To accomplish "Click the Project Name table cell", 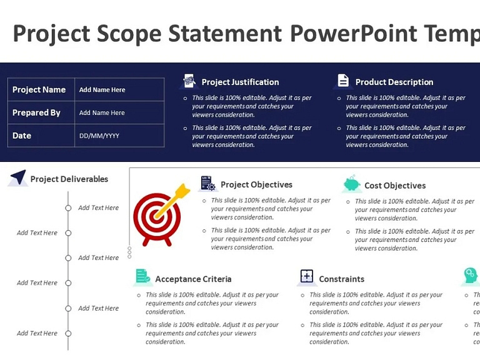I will [39, 89].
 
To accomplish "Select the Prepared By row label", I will [37, 112].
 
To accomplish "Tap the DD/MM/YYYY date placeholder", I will [99, 136].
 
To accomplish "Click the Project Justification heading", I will [240, 82].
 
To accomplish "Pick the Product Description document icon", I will [343, 81].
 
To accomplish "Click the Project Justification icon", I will [189, 81].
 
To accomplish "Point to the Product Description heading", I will [394, 82].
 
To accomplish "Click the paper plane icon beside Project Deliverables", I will [18, 177].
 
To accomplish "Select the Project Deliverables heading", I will [69, 179].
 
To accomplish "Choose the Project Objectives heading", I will [256, 184].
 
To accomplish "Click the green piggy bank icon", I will [352, 184].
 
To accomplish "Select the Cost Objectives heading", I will [395, 186].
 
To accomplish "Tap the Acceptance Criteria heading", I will [193, 279].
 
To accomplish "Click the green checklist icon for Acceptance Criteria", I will [143, 276].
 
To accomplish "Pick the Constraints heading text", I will [341, 279].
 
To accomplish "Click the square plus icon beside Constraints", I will [306, 276].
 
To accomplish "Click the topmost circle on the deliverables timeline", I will [69, 208].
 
